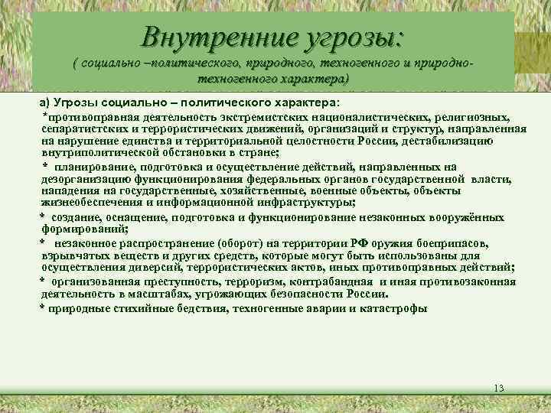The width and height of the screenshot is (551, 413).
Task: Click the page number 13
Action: [499, 389]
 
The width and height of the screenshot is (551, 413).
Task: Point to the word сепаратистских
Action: [79, 129]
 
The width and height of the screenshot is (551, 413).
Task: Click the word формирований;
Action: [85, 229]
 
